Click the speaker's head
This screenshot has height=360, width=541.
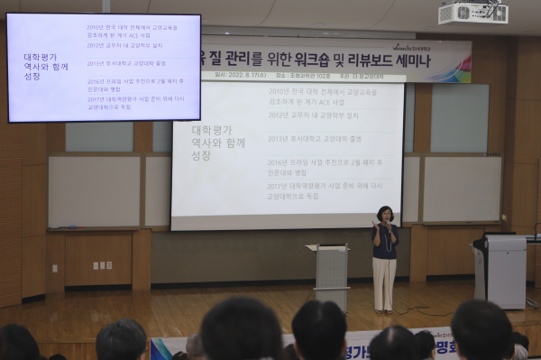385,215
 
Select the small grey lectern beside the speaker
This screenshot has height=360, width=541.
331,274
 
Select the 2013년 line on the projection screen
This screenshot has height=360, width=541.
315,139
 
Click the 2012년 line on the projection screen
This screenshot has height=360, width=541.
313,115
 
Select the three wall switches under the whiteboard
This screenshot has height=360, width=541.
102,265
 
